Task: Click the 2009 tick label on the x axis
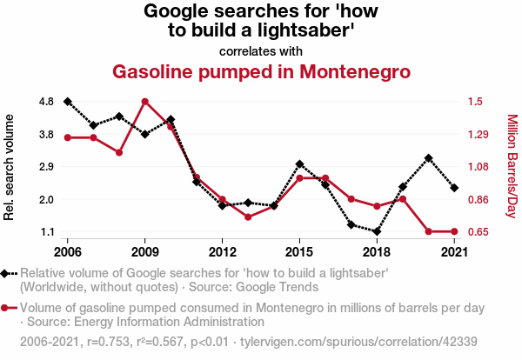144,252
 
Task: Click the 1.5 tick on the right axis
475,102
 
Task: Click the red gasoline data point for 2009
144,102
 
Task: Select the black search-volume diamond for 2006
67,102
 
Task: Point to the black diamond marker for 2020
429,158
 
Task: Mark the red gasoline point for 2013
248,217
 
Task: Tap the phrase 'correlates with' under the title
261,50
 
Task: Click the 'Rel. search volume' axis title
10,167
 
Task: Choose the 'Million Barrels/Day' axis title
512,167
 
